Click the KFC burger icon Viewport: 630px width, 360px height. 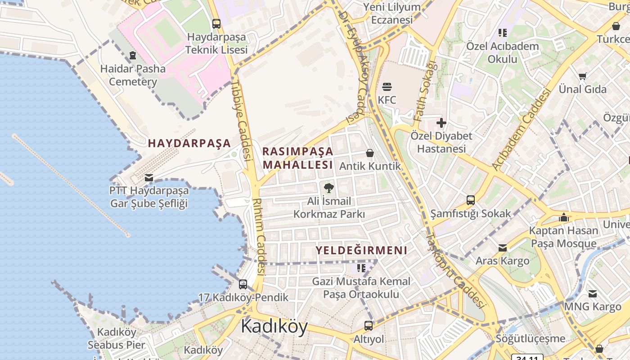(x=387, y=86)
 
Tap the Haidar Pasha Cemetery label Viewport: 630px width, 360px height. (x=133, y=75)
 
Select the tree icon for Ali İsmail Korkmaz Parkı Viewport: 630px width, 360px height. (x=329, y=188)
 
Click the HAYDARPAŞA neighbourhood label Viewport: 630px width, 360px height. (x=189, y=144)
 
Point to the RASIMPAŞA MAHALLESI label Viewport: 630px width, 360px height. (x=298, y=158)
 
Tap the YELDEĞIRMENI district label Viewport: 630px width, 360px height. (x=361, y=251)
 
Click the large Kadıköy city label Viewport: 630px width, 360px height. (x=274, y=326)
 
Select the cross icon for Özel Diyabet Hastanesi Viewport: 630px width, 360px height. (x=441, y=122)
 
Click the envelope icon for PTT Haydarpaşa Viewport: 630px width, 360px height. (x=149, y=177)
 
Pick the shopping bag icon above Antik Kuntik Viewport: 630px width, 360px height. (x=370, y=153)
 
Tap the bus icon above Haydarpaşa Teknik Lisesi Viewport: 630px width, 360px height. (x=216, y=24)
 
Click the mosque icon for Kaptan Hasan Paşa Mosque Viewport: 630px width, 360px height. (x=563, y=218)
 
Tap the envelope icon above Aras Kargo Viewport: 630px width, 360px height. (x=503, y=248)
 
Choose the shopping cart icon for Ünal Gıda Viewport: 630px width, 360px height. (x=583, y=76)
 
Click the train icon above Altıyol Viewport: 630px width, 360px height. (x=369, y=325)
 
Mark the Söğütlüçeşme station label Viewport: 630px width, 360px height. (x=530, y=338)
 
